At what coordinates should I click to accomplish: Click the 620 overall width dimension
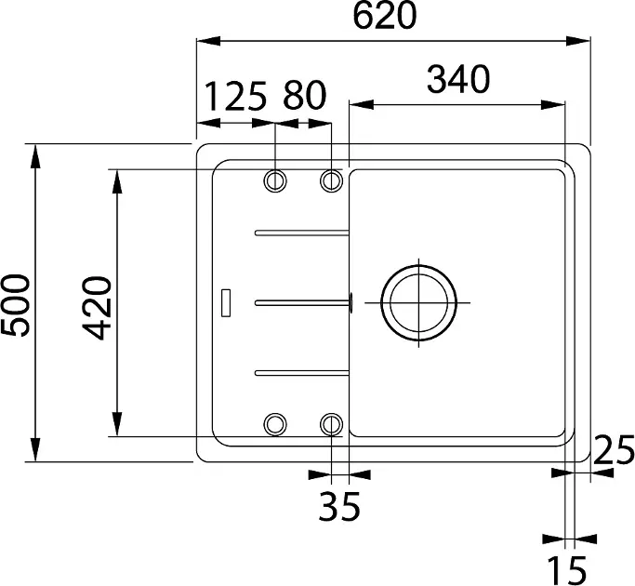[x=384, y=15]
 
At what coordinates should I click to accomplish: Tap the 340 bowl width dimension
[x=458, y=79]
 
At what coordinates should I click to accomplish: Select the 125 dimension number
[x=236, y=97]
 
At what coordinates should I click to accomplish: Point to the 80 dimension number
[x=305, y=96]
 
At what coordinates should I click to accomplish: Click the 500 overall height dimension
[x=15, y=306]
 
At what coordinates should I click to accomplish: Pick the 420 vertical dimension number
[x=97, y=308]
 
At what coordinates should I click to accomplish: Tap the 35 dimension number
[x=339, y=506]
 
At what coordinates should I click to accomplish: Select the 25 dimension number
[x=614, y=449]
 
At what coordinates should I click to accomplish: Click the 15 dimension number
[x=567, y=570]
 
